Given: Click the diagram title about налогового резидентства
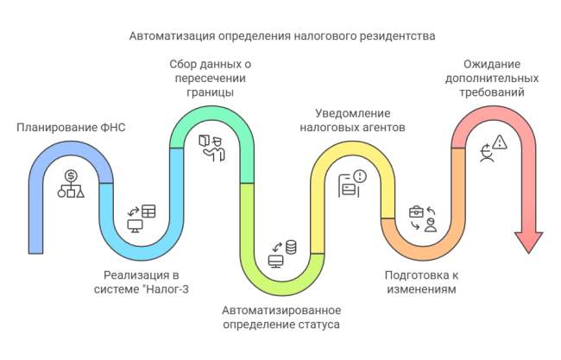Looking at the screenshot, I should click(x=282, y=36).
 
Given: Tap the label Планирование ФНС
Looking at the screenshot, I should click(x=71, y=127).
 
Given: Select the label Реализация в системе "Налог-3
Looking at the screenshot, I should click(x=140, y=282).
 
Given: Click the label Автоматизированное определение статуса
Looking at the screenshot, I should click(x=281, y=317).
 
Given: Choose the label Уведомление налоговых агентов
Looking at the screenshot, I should click(x=353, y=120).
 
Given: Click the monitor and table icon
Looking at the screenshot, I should click(x=142, y=218).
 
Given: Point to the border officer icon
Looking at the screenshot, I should click(x=211, y=147).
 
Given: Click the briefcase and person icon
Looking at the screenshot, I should click(x=423, y=218).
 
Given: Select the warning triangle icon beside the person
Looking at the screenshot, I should click(x=501, y=143).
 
